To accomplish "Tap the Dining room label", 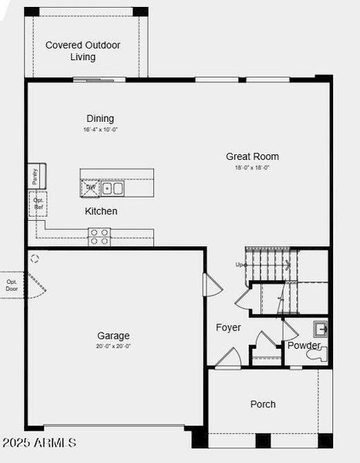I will pyautogui.click(x=100, y=118).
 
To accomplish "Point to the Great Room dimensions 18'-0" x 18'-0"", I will pyautogui.click(x=252, y=167).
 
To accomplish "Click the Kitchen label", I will pyautogui.click(x=101, y=211).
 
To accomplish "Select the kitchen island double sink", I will pyautogui.click(x=113, y=188).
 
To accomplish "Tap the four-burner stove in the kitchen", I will pyautogui.click(x=99, y=236).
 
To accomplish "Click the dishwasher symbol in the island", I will pyautogui.click(x=91, y=187).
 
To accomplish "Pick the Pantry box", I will pyautogui.click(x=35, y=176).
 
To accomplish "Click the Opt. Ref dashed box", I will pyautogui.click(x=38, y=204).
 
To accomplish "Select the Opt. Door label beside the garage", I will pyautogui.click(x=12, y=285).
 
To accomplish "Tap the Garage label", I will pyautogui.click(x=113, y=335).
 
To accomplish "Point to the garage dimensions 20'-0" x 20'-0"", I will pyautogui.click(x=113, y=346).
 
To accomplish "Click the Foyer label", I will pyautogui.click(x=228, y=327).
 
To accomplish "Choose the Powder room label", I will pyautogui.click(x=304, y=345).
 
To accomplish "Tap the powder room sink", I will pyautogui.click(x=321, y=328).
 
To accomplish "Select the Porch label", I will pyautogui.click(x=263, y=404).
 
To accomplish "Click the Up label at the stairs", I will pyautogui.click(x=241, y=265).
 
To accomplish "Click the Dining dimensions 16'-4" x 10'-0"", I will pyautogui.click(x=100, y=130).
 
